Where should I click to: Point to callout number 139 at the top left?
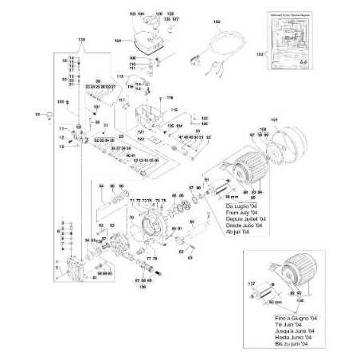(79, 39)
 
